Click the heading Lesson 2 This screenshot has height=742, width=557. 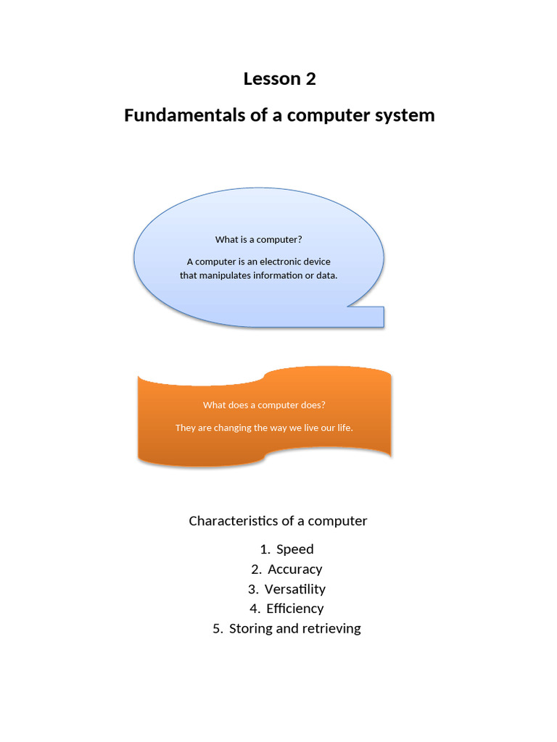(279, 79)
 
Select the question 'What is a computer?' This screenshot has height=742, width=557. (258, 240)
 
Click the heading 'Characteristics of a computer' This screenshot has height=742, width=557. (278, 521)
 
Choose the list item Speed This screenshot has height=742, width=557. (294, 549)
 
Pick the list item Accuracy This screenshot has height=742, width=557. (294, 570)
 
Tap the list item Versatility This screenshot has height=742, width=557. (294, 589)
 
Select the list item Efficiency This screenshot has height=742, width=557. (294, 609)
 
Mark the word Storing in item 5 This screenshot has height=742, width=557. (251, 629)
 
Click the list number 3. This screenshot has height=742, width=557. (252, 589)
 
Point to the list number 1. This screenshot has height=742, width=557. (264, 549)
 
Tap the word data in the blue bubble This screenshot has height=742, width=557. (326, 275)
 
